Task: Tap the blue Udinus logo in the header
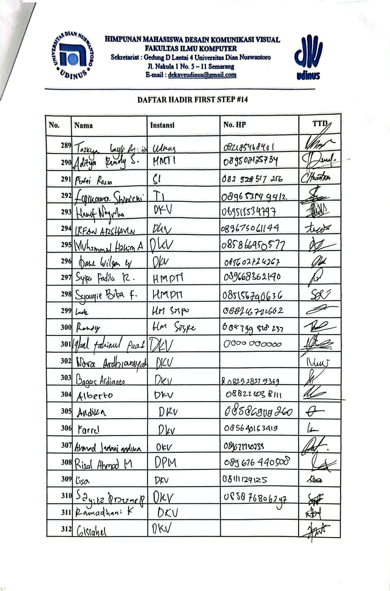coord(308,57)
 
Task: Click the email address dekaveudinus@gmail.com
coord(202,75)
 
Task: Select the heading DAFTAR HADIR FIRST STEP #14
coord(192,100)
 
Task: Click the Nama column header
coord(83,125)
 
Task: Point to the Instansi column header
coord(162,125)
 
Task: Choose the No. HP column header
coord(234,125)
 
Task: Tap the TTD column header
coord(320,124)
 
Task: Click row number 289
coord(66,146)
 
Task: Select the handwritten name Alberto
coord(95,396)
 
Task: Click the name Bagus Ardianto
coord(100,379)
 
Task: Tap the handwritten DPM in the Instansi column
coord(165,463)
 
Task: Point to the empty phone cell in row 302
coord(259,361)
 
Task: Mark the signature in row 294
coord(318,228)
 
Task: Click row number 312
coord(66,529)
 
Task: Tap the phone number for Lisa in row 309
coord(245,479)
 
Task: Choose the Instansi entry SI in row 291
coord(156,179)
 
